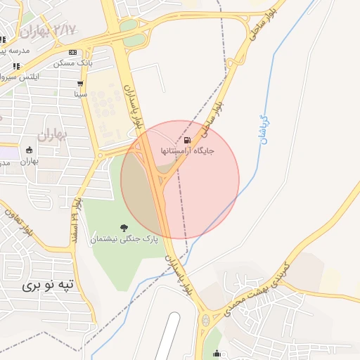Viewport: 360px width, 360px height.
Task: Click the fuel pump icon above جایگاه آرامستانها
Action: tap(187, 139)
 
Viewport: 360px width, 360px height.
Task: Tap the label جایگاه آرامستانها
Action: tap(187, 150)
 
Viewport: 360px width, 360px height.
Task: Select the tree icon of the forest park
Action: tap(124, 228)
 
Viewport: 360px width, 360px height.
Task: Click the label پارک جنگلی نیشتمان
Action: tap(124, 240)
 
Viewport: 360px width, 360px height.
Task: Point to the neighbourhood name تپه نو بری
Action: tap(48, 285)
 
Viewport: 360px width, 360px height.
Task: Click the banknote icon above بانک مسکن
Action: tap(73, 53)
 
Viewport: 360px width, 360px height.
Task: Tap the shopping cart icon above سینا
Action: tap(81, 82)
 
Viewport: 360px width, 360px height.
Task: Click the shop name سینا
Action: tap(81, 93)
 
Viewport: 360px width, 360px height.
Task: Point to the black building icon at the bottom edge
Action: tap(217, 354)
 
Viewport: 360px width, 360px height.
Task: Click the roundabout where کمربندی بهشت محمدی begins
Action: tap(206, 321)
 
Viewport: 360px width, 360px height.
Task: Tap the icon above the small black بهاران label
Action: tap(29, 150)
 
